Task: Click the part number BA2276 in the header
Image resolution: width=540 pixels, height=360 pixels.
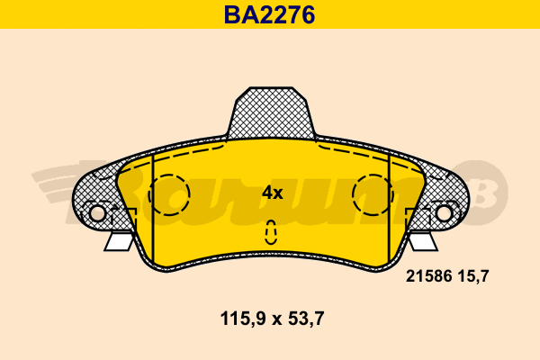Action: [270, 14]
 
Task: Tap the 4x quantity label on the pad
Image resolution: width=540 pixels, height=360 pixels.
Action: [272, 193]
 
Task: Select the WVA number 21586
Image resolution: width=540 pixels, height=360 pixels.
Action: [428, 276]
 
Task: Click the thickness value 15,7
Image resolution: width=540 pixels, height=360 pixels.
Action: [473, 276]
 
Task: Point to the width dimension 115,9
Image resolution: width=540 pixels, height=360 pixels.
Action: [243, 319]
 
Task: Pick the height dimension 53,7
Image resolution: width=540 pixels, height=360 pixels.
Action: [306, 319]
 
